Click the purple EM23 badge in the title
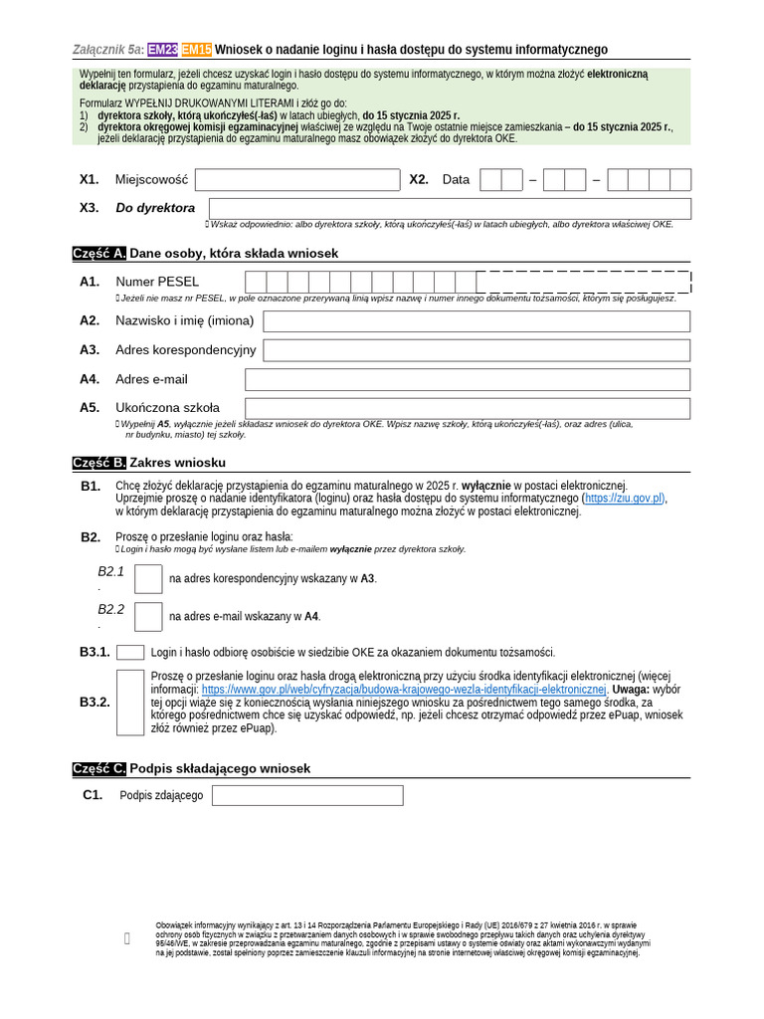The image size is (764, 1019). coord(163,50)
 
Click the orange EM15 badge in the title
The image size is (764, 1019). coord(197,50)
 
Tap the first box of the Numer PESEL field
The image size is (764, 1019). coord(256,282)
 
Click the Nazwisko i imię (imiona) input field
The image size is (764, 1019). coord(477,321)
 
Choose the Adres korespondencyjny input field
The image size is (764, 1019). coord(477,350)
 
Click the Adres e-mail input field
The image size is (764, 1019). coord(468,379)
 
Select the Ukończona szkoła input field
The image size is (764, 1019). coord(468,408)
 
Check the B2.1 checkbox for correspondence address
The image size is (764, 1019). coord(148,579)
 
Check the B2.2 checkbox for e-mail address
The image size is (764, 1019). coord(148,617)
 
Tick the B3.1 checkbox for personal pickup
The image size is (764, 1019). coord(130,653)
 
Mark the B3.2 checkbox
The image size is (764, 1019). coord(130,703)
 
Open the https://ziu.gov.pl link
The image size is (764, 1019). coord(624,499)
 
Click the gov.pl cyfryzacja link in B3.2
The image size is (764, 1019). coord(404,690)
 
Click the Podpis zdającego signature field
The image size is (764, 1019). coord(307,795)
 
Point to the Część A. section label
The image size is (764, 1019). coord(99,254)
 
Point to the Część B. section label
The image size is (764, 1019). coord(99,463)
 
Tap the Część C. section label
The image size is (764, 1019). coord(99,769)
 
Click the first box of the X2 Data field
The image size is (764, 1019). coord(490,180)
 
